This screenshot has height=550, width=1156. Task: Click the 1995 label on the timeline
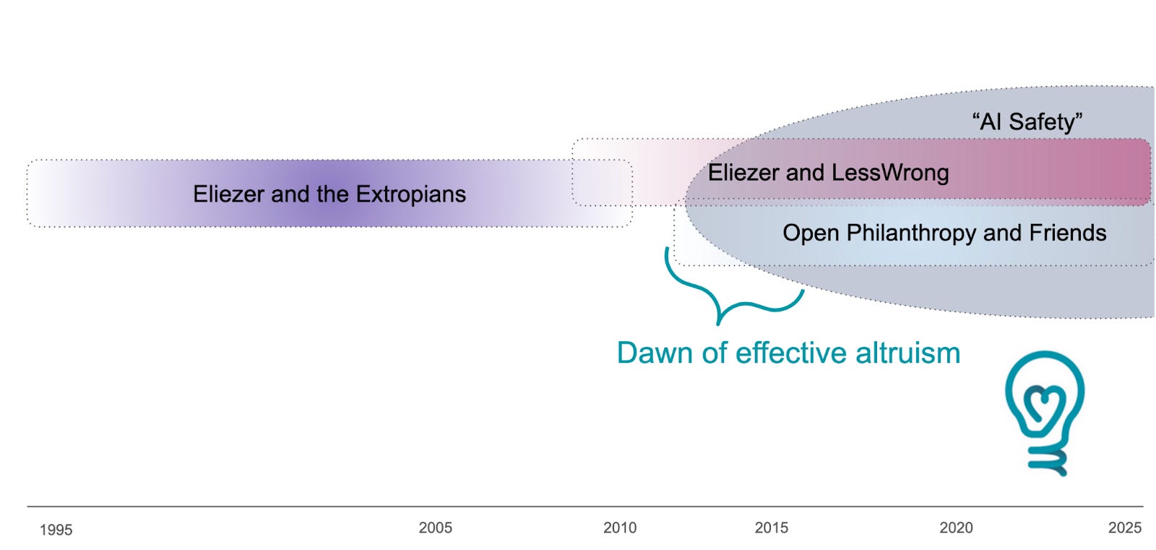click(x=56, y=530)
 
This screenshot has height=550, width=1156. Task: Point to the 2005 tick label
click(x=435, y=528)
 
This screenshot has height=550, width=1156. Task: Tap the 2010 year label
click(x=620, y=528)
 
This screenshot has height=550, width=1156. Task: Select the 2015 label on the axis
click(x=771, y=528)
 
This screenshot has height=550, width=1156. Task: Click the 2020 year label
click(x=956, y=528)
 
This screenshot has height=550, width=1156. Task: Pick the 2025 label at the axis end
click(x=1124, y=528)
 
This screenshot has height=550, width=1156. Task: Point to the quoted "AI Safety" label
click(x=1027, y=121)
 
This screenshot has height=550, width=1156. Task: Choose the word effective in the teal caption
click(x=790, y=353)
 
